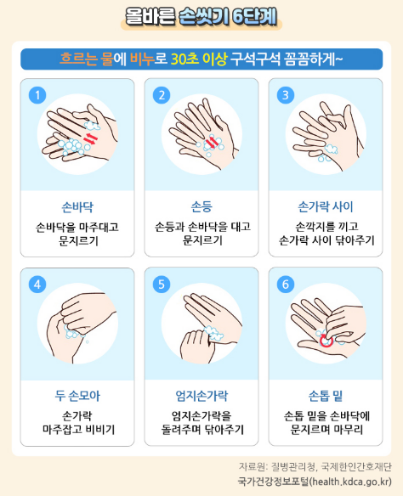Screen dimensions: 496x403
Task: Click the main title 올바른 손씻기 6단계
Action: click(x=201, y=15)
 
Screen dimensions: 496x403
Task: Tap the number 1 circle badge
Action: click(x=37, y=95)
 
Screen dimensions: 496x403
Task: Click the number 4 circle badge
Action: click(x=37, y=285)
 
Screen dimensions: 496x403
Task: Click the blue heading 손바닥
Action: click(x=77, y=206)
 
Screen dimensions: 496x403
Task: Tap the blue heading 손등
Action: click(x=201, y=206)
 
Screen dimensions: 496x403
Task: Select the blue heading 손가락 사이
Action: click(x=326, y=206)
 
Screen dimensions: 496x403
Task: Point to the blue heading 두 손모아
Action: click(x=77, y=396)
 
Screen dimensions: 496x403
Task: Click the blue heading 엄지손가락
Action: click(x=201, y=396)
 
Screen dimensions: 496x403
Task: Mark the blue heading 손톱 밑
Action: click(x=326, y=396)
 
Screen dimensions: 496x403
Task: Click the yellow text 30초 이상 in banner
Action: click(x=198, y=59)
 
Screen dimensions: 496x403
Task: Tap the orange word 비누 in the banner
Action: click(x=141, y=59)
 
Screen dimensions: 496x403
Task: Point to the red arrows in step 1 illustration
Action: click(x=90, y=136)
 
